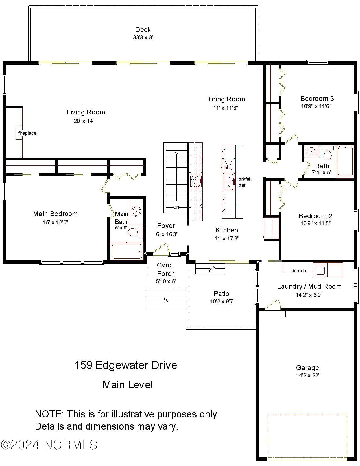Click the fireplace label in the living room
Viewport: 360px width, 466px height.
click(27, 133)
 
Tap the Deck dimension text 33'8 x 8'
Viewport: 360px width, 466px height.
click(143, 37)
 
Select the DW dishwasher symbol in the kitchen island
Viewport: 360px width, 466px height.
click(228, 165)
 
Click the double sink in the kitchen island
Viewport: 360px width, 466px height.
click(229, 182)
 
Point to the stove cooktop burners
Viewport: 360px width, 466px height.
click(196, 182)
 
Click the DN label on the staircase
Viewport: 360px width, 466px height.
click(176, 207)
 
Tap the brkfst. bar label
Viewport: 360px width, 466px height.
click(245, 182)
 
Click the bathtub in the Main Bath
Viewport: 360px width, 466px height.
click(127, 251)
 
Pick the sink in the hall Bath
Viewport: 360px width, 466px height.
click(311, 152)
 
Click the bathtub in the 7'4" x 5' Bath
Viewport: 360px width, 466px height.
click(345, 161)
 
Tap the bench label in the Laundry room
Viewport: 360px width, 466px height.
click(299, 271)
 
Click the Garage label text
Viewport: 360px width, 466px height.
click(307, 367)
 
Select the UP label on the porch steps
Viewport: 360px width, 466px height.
click(165, 302)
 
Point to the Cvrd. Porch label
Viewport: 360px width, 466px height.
click(166, 269)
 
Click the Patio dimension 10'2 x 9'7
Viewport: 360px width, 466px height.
click(221, 301)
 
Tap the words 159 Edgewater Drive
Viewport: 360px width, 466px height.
click(126, 365)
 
